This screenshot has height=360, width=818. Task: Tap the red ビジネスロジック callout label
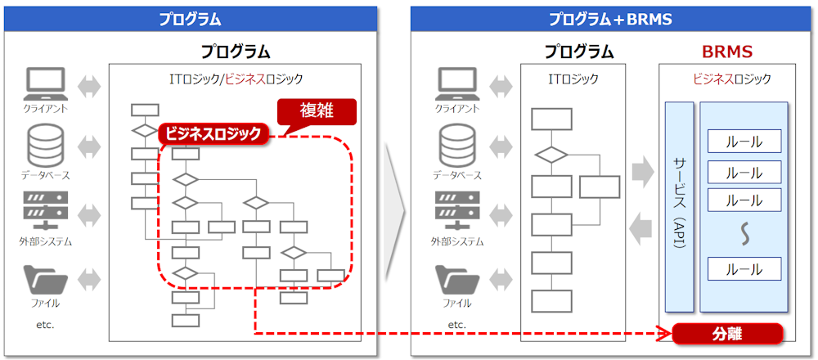click(213, 133)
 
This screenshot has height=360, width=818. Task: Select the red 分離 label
click(727, 334)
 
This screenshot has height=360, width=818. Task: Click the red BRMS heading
click(726, 52)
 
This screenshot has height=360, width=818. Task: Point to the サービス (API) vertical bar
click(679, 206)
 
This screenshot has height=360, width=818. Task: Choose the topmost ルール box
click(744, 142)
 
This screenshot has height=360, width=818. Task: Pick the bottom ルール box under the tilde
click(744, 269)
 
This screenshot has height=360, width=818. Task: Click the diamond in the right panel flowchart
click(551, 154)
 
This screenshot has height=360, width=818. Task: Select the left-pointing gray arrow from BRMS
click(643, 230)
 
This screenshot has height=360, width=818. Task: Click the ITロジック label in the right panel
click(573, 79)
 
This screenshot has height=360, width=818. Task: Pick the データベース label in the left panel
click(46, 175)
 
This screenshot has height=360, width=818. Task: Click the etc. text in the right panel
click(456, 325)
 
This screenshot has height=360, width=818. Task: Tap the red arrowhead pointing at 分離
click(665, 334)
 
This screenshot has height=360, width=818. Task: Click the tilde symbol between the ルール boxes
click(744, 236)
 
